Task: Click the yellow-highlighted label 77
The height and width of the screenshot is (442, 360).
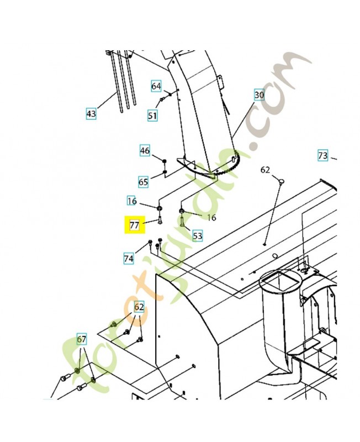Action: (x=134, y=225)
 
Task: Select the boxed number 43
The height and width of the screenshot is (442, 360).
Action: (x=92, y=114)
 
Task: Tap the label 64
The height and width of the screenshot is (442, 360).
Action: (x=156, y=86)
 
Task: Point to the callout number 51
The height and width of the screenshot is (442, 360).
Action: (x=152, y=115)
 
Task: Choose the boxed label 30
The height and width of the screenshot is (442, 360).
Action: (x=260, y=95)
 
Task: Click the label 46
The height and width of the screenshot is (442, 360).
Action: (x=145, y=150)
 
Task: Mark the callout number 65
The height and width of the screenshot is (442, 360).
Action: (x=144, y=182)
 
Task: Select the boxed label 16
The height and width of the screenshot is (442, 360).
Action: (x=132, y=201)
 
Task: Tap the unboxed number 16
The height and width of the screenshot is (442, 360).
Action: (x=211, y=218)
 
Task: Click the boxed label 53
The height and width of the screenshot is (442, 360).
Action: (x=197, y=236)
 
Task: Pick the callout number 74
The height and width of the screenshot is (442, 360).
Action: (x=129, y=258)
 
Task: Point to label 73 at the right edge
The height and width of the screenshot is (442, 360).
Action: (x=323, y=155)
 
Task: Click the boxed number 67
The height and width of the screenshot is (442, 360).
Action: (x=82, y=339)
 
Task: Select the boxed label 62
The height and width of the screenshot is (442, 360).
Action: (x=139, y=307)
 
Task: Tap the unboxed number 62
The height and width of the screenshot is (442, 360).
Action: (x=265, y=170)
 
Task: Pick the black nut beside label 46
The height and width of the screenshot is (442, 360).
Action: (x=165, y=161)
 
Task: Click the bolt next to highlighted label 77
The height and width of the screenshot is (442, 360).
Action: (x=158, y=220)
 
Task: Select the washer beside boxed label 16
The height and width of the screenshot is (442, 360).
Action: (x=159, y=208)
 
